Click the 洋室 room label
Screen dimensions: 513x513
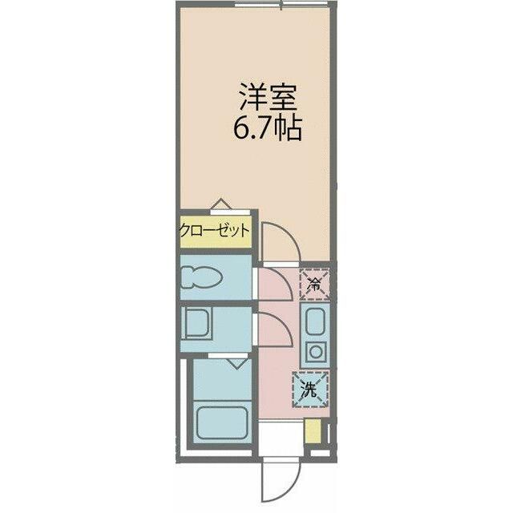[x=269, y=98]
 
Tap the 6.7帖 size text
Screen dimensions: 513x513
[x=267, y=128]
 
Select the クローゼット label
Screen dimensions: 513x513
[x=215, y=232]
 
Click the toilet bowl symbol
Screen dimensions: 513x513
[x=201, y=277]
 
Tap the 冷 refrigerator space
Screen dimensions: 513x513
[x=315, y=284]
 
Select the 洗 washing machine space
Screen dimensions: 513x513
[x=310, y=390]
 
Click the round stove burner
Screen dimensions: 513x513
[x=316, y=353]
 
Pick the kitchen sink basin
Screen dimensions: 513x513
[x=315, y=321]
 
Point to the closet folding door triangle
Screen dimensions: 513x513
[x=221, y=204]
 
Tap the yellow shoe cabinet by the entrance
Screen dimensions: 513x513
[x=313, y=431]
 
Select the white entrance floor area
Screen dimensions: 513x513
[x=281, y=438]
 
